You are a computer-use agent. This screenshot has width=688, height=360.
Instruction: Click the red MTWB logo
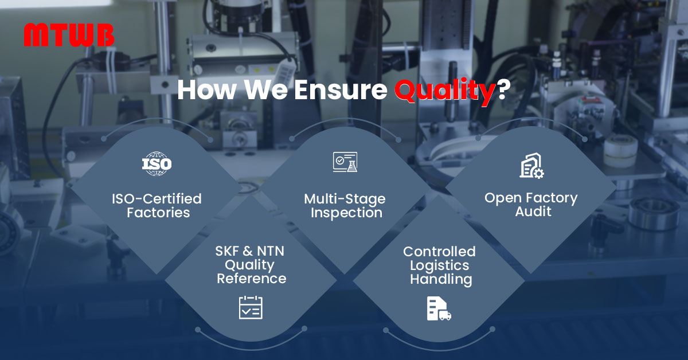69,35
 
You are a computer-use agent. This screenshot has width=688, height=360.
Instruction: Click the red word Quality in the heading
444,91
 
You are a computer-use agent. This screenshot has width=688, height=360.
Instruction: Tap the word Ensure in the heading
341,90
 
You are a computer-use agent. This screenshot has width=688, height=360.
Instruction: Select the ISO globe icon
157,163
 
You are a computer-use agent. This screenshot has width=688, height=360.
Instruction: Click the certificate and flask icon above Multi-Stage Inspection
345,162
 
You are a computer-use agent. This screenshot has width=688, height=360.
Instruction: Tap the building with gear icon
531,166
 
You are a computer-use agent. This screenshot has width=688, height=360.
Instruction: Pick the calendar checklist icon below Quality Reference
251,307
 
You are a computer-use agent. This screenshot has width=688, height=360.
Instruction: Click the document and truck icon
439,309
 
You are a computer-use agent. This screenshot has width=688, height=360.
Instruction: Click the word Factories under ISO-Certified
158,213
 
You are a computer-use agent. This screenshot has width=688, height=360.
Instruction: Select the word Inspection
346,213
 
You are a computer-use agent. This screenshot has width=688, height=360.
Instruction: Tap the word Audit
533,212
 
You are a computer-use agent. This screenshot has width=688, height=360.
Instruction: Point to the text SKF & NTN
250,251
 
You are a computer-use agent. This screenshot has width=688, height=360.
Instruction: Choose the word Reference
252,279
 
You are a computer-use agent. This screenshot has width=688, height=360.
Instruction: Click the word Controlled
439,252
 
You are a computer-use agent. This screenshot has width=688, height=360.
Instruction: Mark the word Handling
441,280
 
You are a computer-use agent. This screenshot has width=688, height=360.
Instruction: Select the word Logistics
440,265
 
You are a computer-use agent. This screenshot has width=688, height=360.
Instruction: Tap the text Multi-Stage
345,199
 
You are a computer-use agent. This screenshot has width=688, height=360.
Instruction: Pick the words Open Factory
531,198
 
